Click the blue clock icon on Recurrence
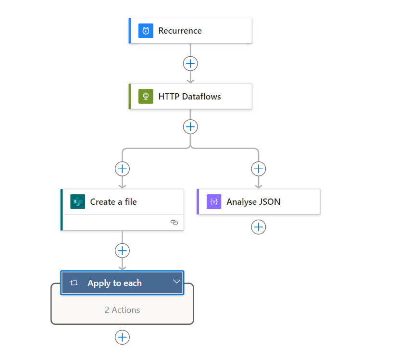click(x=146, y=31)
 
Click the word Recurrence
click(x=180, y=31)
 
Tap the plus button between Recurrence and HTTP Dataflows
click(x=190, y=63)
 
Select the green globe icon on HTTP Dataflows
click(x=146, y=96)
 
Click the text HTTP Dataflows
click(x=189, y=96)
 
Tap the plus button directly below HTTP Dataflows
click(x=190, y=126)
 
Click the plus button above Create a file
click(x=122, y=169)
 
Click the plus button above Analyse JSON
click(x=259, y=169)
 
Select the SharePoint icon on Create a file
click(x=77, y=202)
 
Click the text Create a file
click(x=113, y=202)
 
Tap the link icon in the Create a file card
click(x=174, y=223)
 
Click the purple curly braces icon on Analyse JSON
click(x=214, y=202)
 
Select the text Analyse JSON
click(x=253, y=202)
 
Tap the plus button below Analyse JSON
click(x=259, y=227)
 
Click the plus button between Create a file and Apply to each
click(x=122, y=250)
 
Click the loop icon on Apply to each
click(x=74, y=283)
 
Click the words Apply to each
click(x=114, y=283)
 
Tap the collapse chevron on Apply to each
click(x=176, y=281)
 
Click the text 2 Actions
click(x=122, y=310)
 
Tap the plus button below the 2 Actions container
click(x=122, y=337)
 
